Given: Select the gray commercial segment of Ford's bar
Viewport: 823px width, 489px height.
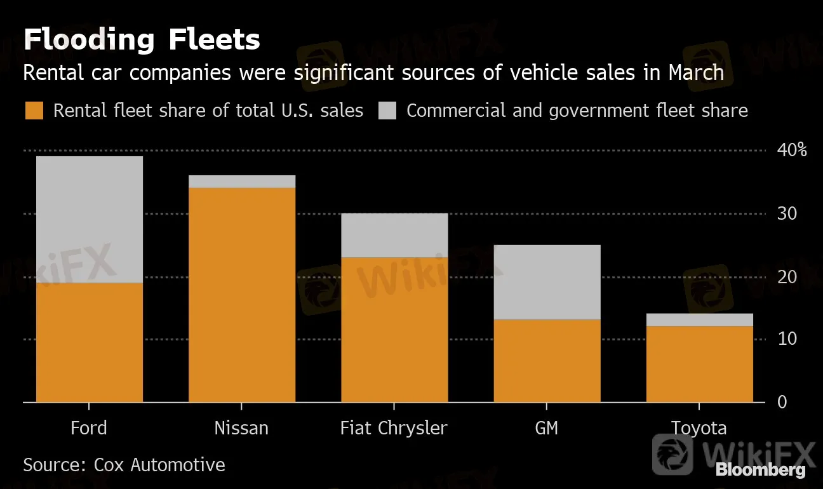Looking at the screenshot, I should click(x=89, y=219).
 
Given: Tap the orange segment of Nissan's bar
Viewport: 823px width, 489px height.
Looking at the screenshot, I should click(x=241, y=295).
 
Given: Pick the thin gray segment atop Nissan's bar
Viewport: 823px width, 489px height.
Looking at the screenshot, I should click(x=241, y=182).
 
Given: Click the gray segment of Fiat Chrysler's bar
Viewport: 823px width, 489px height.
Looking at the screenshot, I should click(x=394, y=235).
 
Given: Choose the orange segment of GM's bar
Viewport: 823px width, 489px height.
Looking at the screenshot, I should click(x=547, y=361).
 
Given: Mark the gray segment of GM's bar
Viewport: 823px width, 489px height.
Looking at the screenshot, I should click(x=547, y=282).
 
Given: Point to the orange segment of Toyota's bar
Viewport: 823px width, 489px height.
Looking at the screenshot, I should click(x=699, y=364).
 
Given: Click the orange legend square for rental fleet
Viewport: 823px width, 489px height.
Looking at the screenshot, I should click(x=34, y=111).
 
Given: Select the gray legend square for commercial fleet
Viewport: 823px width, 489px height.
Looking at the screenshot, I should click(x=387, y=111).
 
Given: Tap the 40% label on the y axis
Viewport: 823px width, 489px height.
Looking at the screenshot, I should click(x=791, y=151).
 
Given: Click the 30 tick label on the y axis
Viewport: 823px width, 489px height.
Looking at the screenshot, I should click(x=787, y=213).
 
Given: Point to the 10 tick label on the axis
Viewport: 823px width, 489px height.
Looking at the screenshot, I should click(x=787, y=339).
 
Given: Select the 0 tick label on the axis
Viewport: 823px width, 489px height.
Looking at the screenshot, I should click(x=782, y=402).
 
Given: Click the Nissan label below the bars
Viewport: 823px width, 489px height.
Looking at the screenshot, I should click(x=241, y=428).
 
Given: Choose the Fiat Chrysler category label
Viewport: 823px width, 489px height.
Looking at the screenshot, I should click(x=394, y=428).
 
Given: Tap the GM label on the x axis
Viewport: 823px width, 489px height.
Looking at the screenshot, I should click(x=547, y=428).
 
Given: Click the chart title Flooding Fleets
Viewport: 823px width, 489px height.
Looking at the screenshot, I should click(x=142, y=40).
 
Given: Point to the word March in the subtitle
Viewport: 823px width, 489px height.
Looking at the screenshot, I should click(x=696, y=73).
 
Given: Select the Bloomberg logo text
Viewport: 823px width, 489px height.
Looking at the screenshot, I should click(x=760, y=471).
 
